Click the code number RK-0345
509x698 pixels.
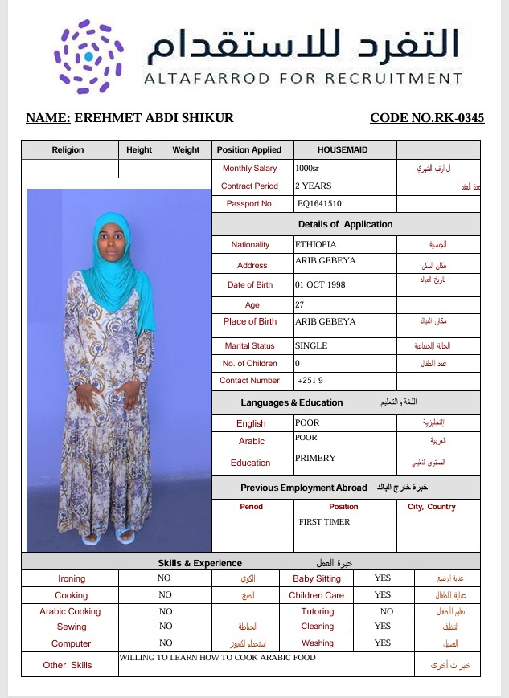(x=427, y=118)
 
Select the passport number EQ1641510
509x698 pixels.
(x=319, y=204)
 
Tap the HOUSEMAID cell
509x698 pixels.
(x=345, y=149)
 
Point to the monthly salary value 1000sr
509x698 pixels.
(x=307, y=169)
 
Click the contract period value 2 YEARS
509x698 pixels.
(x=313, y=186)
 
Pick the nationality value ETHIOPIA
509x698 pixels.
(x=316, y=244)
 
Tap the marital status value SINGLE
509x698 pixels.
(x=313, y=345)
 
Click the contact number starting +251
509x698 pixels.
(x=310, y=381)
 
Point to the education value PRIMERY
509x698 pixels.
(x=315, y=459)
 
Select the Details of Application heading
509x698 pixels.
(x=345, y=224)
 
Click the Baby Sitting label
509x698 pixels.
(x=316, y=578)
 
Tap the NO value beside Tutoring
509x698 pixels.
(x=387, y=611)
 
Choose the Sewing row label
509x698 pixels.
(x=72, y=627)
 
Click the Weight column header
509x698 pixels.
(x=186, y=149)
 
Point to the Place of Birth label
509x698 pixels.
(x=249, y=321)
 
